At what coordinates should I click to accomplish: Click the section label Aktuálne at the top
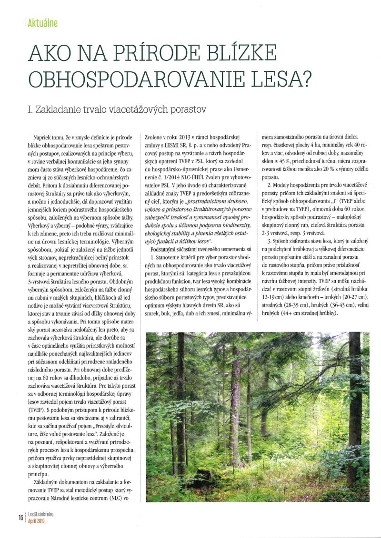click(43, 23)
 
